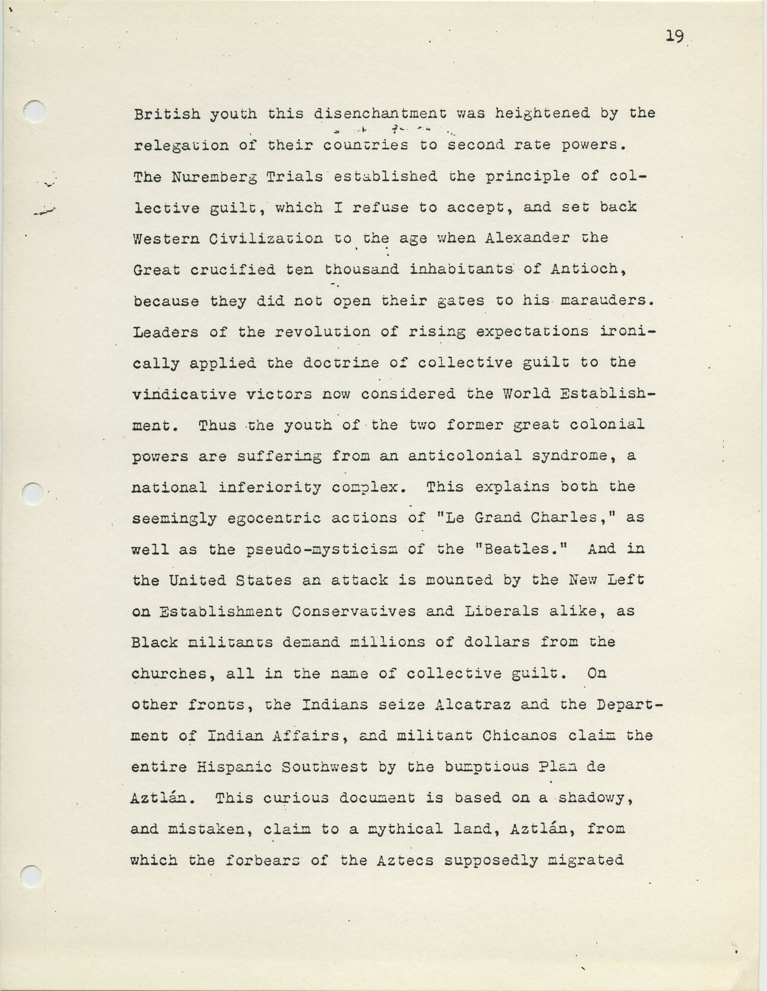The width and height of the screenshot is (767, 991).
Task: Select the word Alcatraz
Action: [472, 705]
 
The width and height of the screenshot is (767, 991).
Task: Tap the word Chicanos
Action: [519, 736]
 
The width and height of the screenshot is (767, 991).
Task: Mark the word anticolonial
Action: [464, 456]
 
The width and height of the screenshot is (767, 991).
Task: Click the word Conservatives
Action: [353, 612]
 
